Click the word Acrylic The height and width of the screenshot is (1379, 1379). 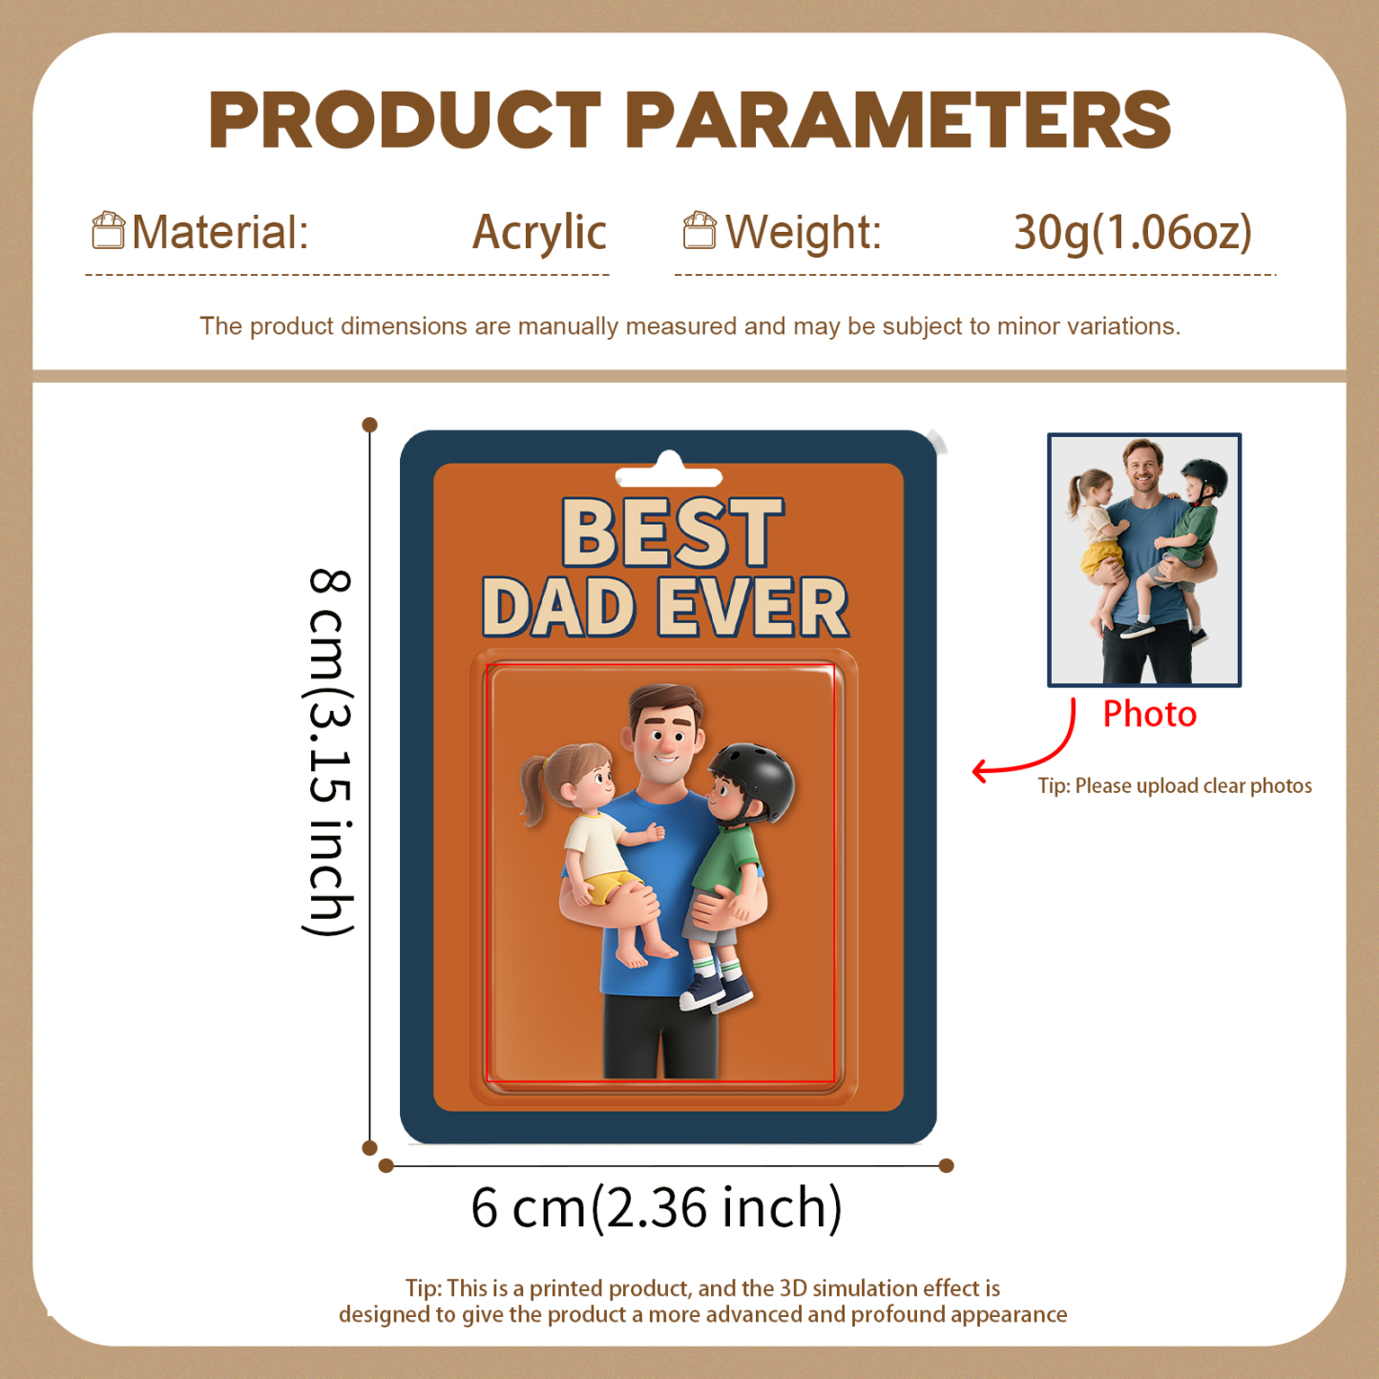tap(539, 233)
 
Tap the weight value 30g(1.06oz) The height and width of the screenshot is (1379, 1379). tap(1132, 233)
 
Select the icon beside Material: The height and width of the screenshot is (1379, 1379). tap(108, 231)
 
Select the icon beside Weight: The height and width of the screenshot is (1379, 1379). tap(700, 231)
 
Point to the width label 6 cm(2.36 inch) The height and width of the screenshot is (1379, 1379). tap(657, 1208)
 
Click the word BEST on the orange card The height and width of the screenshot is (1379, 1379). tap(672, 533)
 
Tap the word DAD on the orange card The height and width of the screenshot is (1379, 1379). tap(559, 608)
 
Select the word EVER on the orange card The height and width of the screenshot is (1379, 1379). tap(753, 608)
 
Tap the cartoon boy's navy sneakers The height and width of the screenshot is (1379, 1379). tap(715, 992)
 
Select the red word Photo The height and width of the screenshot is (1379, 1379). tap(1149, 715)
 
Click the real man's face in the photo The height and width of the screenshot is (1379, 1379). tap(1141, 467)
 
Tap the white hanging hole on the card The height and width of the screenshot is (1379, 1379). tap(669, 473)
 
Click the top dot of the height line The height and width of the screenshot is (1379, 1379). tap(370, 425)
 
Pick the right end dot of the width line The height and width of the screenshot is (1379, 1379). tap(947, 1165)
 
